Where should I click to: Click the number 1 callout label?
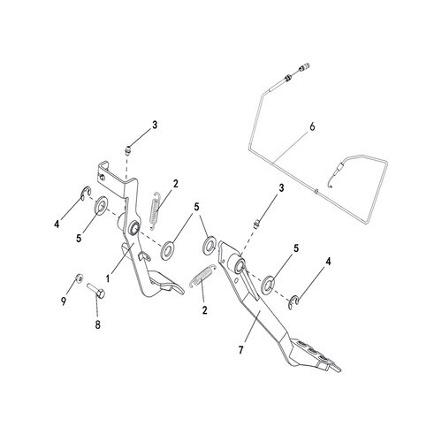[x=108, y=278]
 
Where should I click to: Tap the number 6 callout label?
[x=312, y=126]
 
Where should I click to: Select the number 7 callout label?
[x=241, y=350]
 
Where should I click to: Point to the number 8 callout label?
[x=97, y=325]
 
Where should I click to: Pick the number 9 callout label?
[x=64, y=301]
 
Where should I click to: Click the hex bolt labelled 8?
[x=96, y=291]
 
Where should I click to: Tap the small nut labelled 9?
[x=79, y=278]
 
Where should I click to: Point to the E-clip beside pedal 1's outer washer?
[x=86, y=194]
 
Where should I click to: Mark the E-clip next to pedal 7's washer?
[x=293, y=301]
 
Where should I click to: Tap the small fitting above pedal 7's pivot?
[x=255, y=224]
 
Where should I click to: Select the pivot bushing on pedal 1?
[x=134, y=227]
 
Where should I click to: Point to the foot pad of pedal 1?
[x=166, y=282]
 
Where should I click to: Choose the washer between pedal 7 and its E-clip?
[x=269, y=282]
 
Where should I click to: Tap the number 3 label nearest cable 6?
[x=281, y=187]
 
